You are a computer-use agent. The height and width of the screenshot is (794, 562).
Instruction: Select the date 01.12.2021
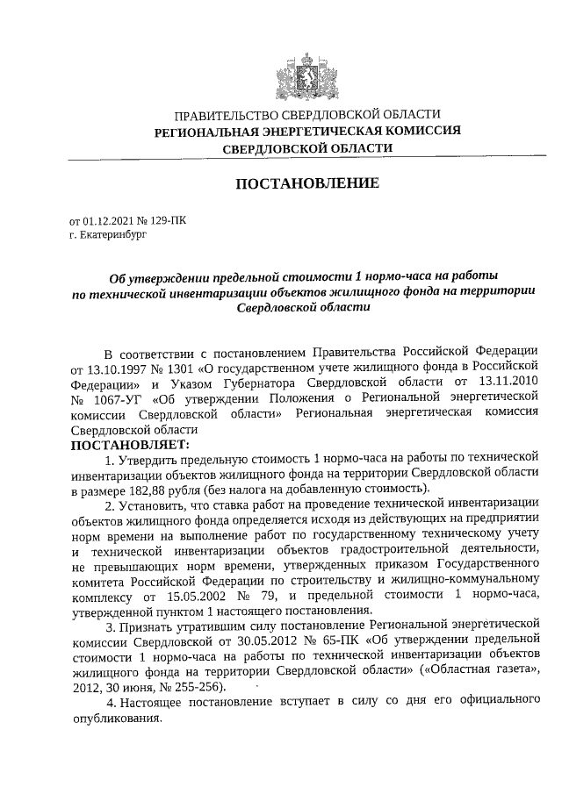coord(110,222)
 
